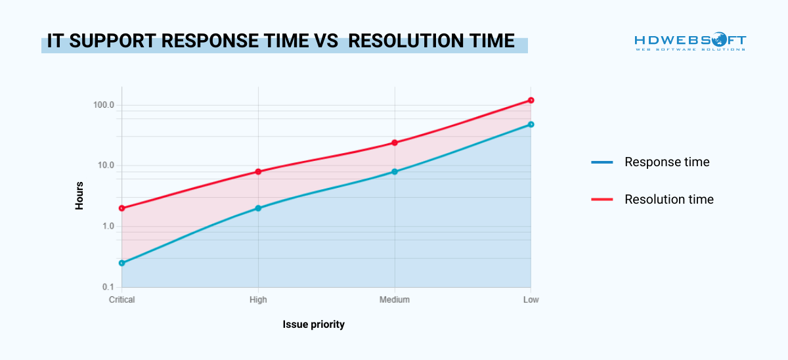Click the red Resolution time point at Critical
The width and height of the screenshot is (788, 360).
click(122, 208)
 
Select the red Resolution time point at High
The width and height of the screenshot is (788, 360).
click(258, 171)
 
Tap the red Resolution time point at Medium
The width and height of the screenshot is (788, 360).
click(395, 143)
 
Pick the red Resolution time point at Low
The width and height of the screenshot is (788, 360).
click(531, 101)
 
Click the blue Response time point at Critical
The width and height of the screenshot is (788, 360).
click(122, 263)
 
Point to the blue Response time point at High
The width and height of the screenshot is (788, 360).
click(258, 208)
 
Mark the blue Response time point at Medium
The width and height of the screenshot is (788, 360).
click(395, 171)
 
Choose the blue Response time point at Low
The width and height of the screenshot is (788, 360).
click(531, 124)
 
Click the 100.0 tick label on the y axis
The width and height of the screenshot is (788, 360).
click(104, 105)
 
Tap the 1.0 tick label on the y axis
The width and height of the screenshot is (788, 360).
click(108, 227)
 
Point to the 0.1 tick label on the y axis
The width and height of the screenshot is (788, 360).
click(108, 287)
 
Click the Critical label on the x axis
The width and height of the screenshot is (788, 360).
click(122, 300)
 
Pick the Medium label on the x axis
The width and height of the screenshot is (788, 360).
click(395, 300)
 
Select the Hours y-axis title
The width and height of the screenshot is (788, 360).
click(79, 195)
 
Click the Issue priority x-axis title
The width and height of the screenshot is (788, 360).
click(314, 325)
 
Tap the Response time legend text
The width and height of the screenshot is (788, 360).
click(667, 162)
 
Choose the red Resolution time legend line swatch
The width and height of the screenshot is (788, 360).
click(602, 199)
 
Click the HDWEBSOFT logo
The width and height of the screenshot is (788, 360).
click(690, 41)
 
